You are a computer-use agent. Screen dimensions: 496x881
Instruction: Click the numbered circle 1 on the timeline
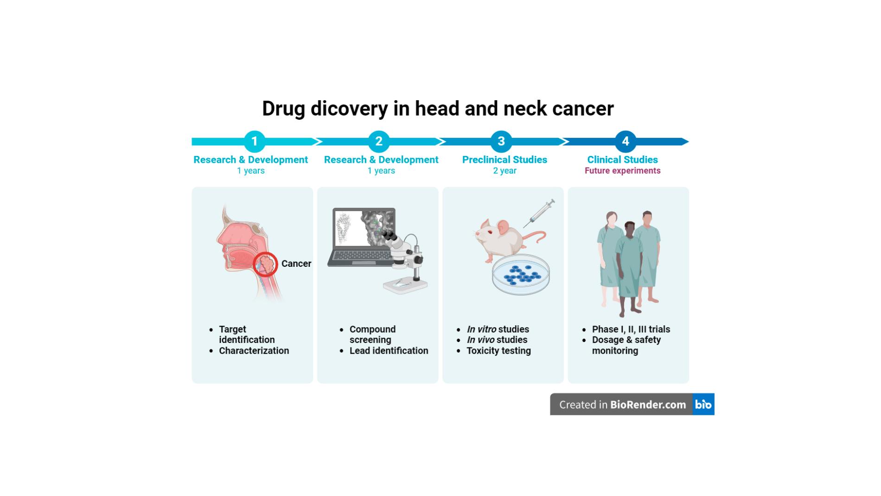pyautogui.click(x=254, y=142)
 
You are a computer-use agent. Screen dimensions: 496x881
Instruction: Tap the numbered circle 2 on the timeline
pyautogui.click(x=379, y=142)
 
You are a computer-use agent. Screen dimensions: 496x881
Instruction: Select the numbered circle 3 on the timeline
pyautogui.click(x=501, y=142)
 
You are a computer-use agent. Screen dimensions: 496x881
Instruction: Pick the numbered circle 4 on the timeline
pyautogui.click(x=626, y=142)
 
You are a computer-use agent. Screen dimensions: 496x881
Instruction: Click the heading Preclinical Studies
pyautogui.click(x=504, y=160)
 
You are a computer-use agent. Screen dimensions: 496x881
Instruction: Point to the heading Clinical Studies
pyautogui.click(x=622, y=160)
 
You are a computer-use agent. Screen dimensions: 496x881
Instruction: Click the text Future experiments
pyautogui.click(x=622, y=171)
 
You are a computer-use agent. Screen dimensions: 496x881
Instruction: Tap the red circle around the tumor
pyautogui.click(x=266, y=264)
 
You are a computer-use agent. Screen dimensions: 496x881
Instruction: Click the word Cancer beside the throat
pyautogui.click(x=296, y=264)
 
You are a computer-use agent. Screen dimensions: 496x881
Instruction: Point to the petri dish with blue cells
pyautogui.click(x=521, y=275)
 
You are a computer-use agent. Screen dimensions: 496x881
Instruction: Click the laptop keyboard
pyautogui.click(x=360, y=256)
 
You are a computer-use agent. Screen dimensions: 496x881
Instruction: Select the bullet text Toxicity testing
pyautogui.click(x=498, y=351)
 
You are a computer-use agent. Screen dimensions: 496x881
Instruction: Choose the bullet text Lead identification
pyautogui.click(x=389, y=351)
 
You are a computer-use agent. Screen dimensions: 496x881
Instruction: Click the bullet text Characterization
pyautogui.click(x=254, y=351)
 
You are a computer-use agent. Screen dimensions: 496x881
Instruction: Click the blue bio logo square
pyautogui.click(x=703, y=405)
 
